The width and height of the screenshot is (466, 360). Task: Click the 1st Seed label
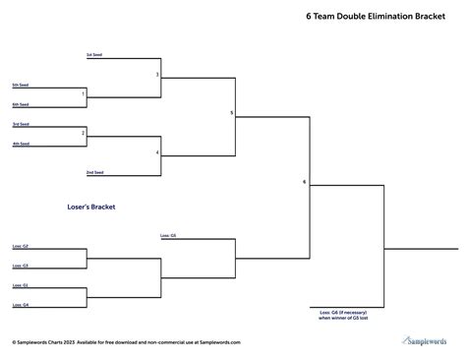tap(94, 54)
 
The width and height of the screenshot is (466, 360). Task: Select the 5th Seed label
tap(21, 85)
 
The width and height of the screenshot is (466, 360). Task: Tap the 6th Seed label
tap(21, 104)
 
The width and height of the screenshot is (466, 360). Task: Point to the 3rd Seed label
tap(21, 124)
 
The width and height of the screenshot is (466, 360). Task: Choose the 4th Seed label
tap(21, 144)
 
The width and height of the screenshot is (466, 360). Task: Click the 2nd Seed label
tap(94, 172)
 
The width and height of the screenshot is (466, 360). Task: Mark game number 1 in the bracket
tap(83, 94)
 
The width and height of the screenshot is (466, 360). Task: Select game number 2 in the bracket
tap(83, 132)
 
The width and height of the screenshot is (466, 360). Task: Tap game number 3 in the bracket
tap(157, 75)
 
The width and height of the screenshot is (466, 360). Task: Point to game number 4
tap(157, 152)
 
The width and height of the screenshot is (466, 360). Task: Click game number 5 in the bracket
tap(232, 113)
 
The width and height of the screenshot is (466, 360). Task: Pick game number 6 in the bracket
tap(305, 182)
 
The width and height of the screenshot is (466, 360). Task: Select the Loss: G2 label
tap(21, 246)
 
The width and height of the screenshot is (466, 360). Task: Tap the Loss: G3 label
tap(21, 266)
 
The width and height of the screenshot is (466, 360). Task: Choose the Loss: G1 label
tap(21, 285)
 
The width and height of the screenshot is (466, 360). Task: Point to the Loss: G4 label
tap(21, 306)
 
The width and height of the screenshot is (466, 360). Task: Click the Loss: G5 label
tap(167, 236)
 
